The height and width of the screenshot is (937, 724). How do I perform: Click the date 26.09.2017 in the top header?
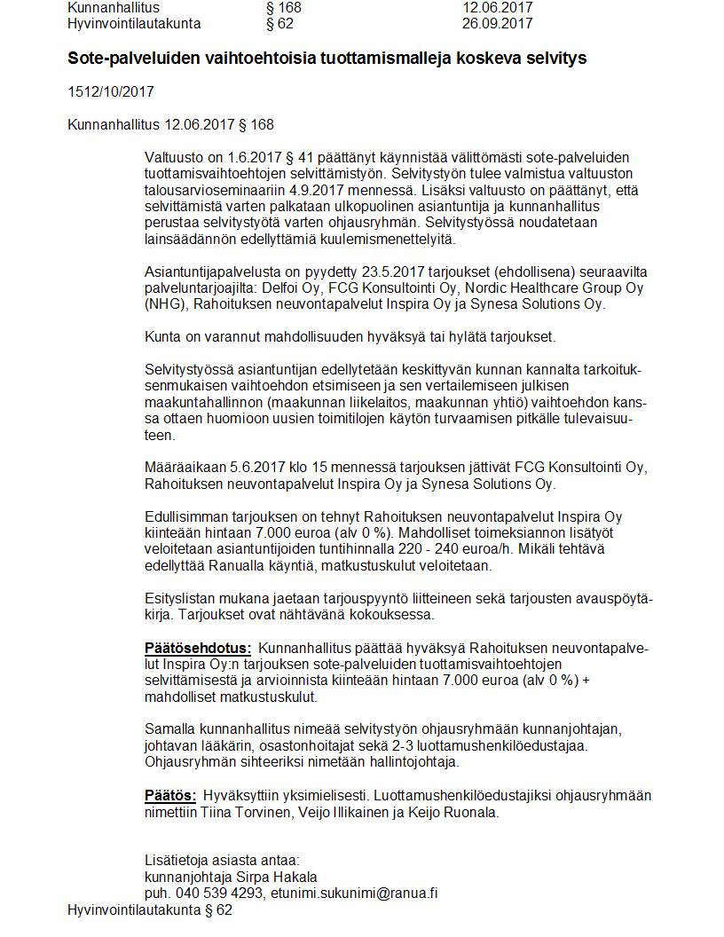[497, 24]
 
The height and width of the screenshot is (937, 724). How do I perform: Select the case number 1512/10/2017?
[111, 91]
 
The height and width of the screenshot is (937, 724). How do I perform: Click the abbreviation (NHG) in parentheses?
[164, 304]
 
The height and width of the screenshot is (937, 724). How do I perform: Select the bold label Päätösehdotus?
[198, 648]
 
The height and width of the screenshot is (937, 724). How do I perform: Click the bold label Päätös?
[170, 795]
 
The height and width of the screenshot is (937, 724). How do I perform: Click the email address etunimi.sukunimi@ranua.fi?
[354, 894]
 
